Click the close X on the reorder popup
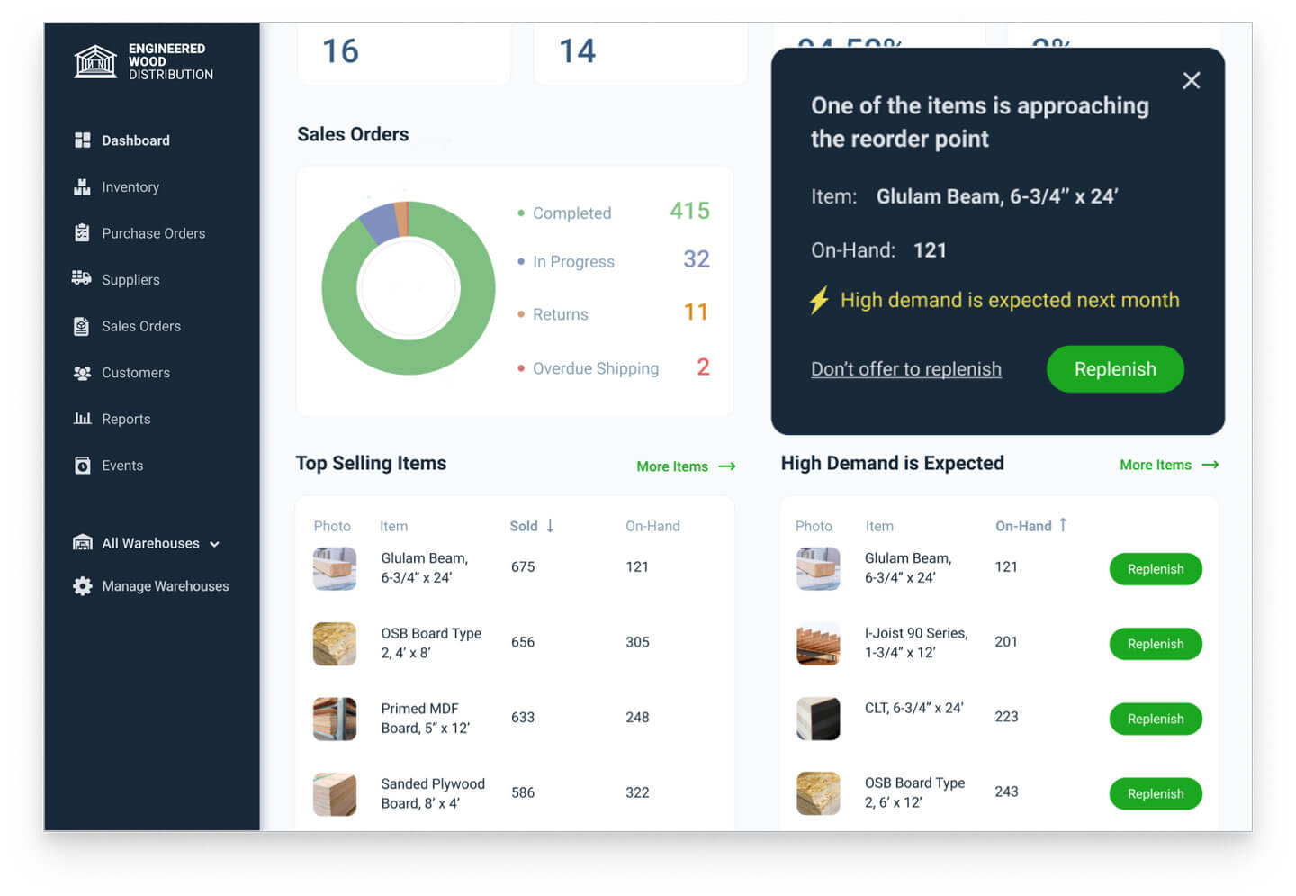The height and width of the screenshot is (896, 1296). pyautogui.click(x=1191, y=81)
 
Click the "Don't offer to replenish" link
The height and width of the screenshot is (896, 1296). pyautogui.click(x=905, y=369)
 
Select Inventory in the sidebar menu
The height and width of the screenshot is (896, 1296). pyautogui.click(x=130, y=187)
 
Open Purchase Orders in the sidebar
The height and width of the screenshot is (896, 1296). pyautogui.click(x=153, y=233)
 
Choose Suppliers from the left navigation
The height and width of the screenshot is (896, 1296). pyautogui.click(x=130, y=280)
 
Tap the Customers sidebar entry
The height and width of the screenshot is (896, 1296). pyautogui.click(x=135, y=373)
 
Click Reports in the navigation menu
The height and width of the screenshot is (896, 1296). pyautogui.click(x=126, y=420)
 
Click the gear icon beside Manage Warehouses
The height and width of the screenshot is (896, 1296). pyautogui.click(x=83, y=586)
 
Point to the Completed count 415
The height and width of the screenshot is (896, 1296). pyautogui.click(x=689, y=211)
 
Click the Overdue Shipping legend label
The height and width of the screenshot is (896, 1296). pyautogui.click(x=595, y=368)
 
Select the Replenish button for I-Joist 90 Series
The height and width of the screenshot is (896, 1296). pyautogui.click(x=1155, y=644)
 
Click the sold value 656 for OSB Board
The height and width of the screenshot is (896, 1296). pyautogui.click(x=523, y=642)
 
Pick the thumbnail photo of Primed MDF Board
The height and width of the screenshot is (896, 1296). pyautogui.click(x=335, y=719)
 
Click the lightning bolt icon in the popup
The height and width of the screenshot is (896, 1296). pyautogui.click(x=819, y=300)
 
